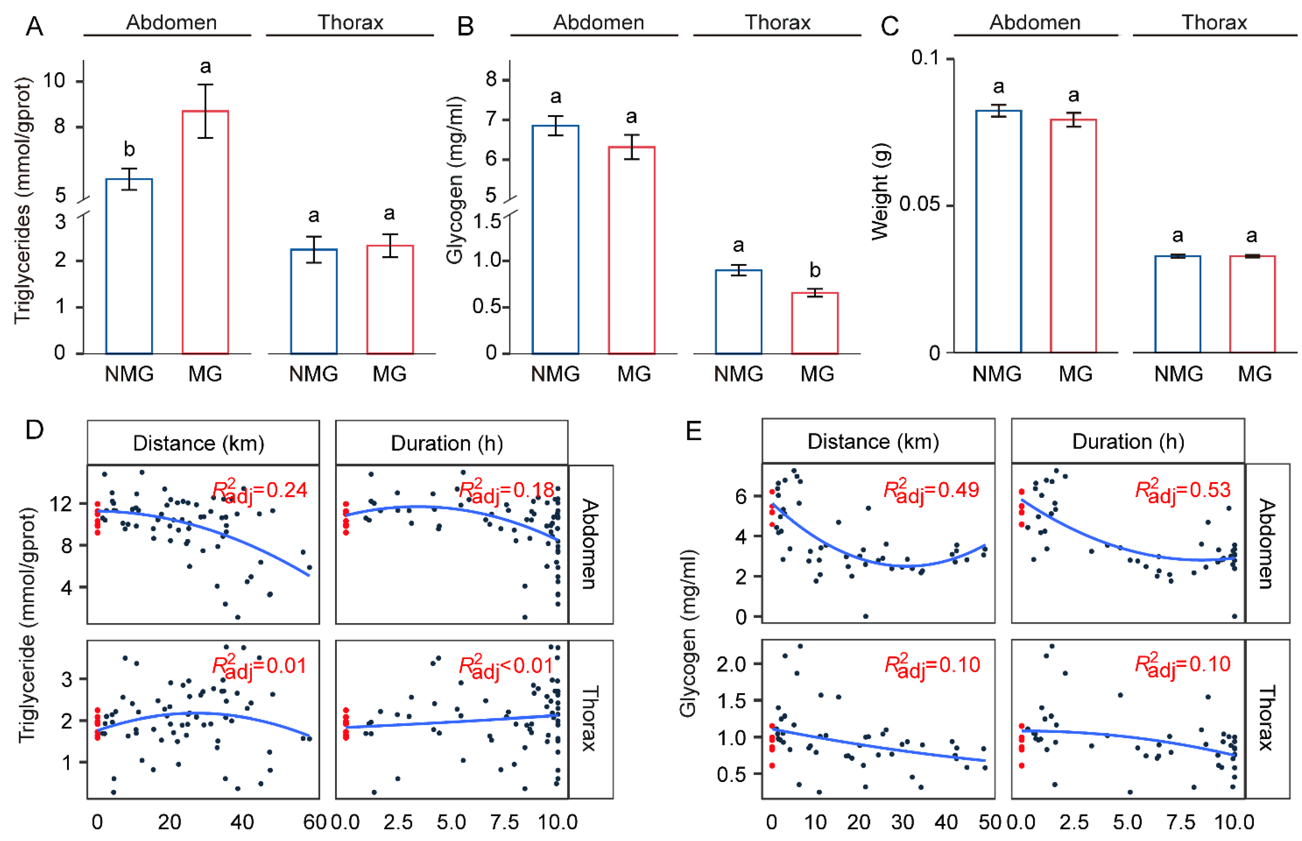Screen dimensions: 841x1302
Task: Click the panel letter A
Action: click(34, 26)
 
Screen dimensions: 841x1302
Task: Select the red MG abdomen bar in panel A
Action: click(205, 232)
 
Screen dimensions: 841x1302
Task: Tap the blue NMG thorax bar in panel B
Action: click(738, 312)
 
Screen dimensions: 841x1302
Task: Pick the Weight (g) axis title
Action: click(880, 191)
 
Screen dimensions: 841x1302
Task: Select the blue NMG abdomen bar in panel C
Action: click(998, 232)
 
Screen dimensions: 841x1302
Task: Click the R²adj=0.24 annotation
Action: click(259, 490)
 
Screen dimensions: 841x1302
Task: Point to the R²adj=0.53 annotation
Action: click(1183, 490)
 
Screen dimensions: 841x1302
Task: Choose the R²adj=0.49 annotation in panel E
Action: click(931, 490)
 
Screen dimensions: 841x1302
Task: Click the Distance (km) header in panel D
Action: click(199, 443)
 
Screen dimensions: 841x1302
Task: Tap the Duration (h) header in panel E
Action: click(1128, 441)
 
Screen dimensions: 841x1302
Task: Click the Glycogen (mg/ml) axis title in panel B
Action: click(455, 180)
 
